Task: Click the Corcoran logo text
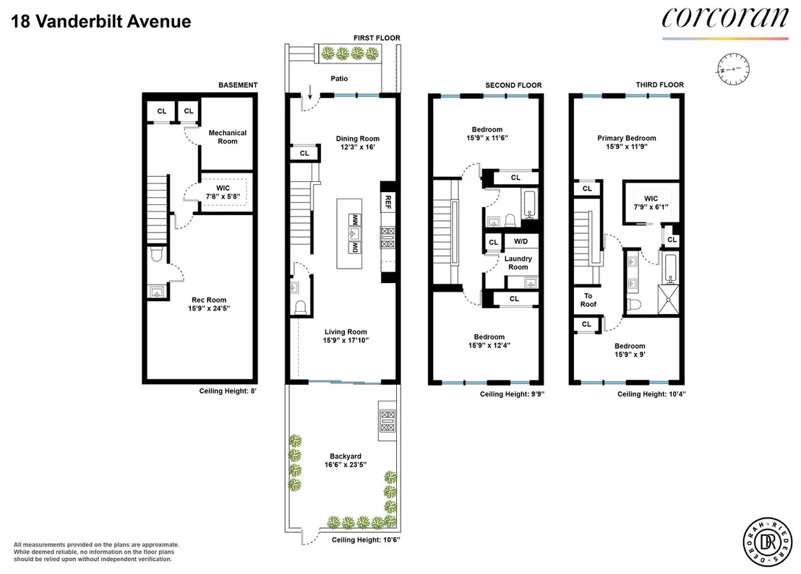pyautogui.click(x=725, y=18)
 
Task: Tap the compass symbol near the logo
pyautogui.click(x=733, y=69)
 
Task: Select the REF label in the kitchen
pyautogui.click(x=387, y=202)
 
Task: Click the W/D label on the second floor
pyautogui.click(x=521, y=241)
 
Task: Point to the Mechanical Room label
pyautogui.click(x=227, y=136)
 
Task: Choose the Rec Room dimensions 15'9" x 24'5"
pyautogui.click(x=209, y=308)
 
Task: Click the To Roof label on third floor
pyautogui.click(x=588, y=300)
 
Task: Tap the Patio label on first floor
pyautogui.click(x=339, y=79)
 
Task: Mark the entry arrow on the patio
pyautogui.click(x=310, y=92)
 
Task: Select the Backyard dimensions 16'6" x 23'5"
pyautogui.click(x=346, y=464)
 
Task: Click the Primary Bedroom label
pyautogui.click(x=627, y=138)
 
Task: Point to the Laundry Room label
pyautogui.click(x=518, y=263)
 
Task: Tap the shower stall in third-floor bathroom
pyautogui.click(x=668, y=300)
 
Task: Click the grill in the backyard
pyautogui.click(x=387, y=421)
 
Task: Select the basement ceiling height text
pyautogui.click(x=228, y=391)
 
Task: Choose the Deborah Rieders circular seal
pyautogui.click(x=767, y=542)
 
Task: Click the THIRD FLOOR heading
pyautogui.click(x=659, y=84)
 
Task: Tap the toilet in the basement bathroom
pyautogui.click(x=157, y=255)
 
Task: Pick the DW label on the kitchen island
pyautogui.click(x=354, y=248)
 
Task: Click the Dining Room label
pyautogui.click(x=358, y=139)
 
